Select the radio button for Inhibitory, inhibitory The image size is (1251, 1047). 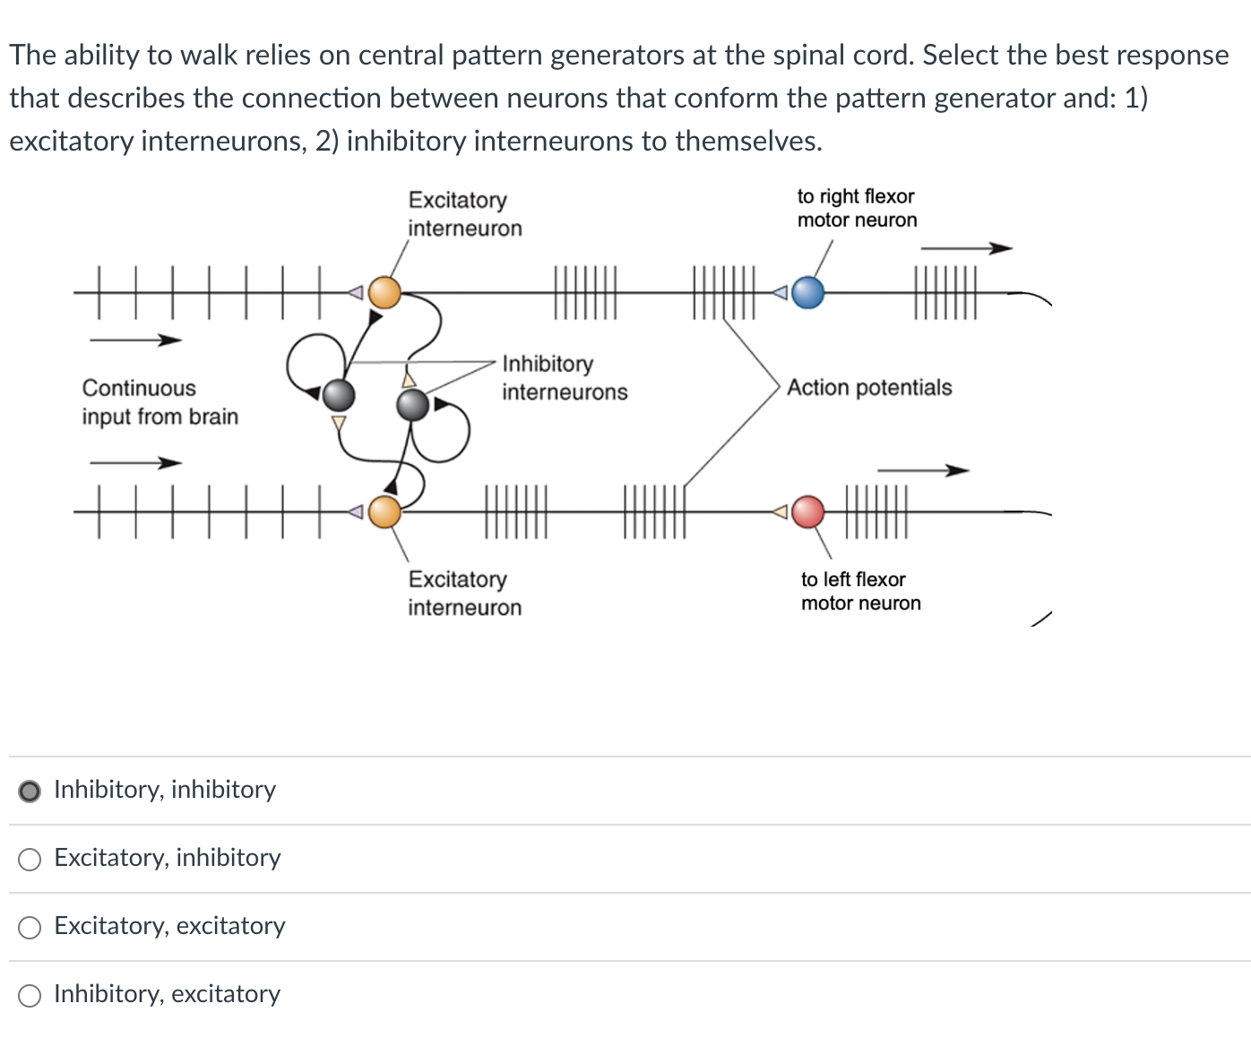(30, 791)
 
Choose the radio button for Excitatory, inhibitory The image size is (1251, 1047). (30, 860)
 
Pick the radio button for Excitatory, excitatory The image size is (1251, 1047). (30, 928)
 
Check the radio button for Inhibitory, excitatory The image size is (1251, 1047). (30, 996)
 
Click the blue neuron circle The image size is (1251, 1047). (808, 292)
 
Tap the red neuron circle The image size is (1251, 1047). (808, 512)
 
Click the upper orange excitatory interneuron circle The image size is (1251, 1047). (385, 292)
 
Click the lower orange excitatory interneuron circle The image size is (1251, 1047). (385, 512)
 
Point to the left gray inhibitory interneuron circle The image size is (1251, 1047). (338, 394)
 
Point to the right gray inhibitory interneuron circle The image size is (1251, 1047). (412, 405)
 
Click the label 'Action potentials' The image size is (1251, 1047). (869, 387)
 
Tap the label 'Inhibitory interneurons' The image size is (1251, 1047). (565, 377)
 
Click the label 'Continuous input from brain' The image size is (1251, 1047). (160, 402)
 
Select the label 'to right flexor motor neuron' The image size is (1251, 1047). (857, 208)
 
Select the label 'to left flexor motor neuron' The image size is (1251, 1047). (860, 591)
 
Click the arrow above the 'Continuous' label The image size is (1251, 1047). (135, 340)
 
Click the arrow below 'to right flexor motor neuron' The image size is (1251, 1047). (966, 248)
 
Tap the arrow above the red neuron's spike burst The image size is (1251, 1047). (922, 471)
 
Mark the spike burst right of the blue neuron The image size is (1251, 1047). (945, 292)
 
